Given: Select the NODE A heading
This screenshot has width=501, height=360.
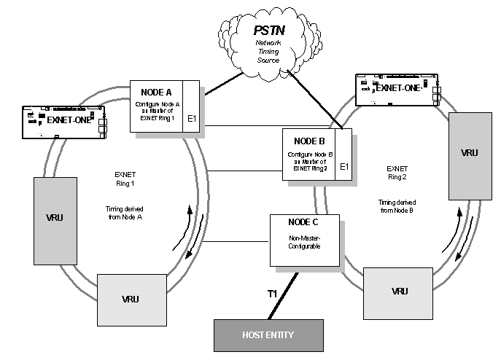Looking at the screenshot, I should point(156,92).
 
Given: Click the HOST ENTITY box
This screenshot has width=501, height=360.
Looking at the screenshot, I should point(268,336).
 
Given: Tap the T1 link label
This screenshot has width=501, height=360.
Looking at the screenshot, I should point(273,293).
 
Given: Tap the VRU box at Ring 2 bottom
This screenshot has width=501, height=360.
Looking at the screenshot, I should point(399,291).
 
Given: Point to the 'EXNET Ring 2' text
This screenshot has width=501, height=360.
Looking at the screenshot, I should point(397,172).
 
